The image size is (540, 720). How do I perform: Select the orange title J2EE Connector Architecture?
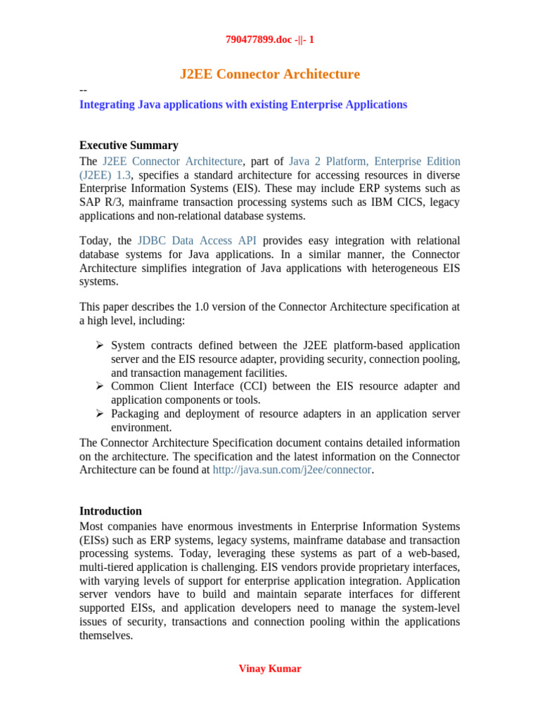click(x=270, y=74)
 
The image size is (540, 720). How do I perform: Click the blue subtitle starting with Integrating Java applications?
click(x=243, y=105)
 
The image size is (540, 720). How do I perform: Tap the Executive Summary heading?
click(x=129, y=146)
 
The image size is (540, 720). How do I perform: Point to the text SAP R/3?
click(x=99, y=202)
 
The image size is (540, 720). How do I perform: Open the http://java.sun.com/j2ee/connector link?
click(x=292, y=470)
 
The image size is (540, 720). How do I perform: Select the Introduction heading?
click(x=110, y=511)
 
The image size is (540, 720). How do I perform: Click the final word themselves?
click(x=105, y=636)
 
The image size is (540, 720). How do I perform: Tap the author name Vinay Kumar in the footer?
click(x=270, y=669)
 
